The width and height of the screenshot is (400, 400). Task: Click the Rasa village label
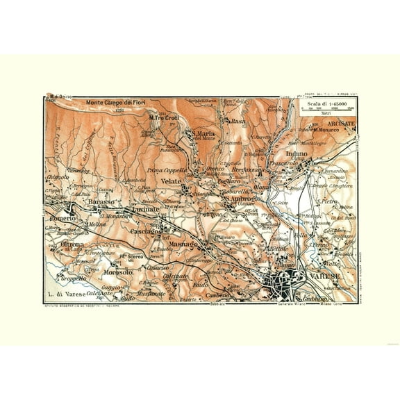(x=240, y=122)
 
